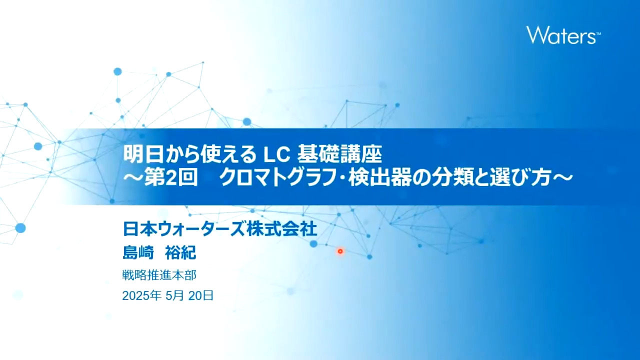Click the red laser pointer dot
(x=340, y=251)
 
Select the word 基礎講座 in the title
(x=340, y=155)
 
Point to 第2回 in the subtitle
(x=171, y=178)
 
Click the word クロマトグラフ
(x=279, y=178)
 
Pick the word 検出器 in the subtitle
(x=377, y=178)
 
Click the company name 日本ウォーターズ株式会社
(x=219, y=229)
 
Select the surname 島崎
(x=138, y=252)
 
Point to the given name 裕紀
(x=180, y=252)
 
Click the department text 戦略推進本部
(x=159, y=275)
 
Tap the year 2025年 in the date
(x=141, y=295)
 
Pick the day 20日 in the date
(x=201, y=295)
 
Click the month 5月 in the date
(x=174, y=295)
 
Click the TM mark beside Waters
(x=598, y=34)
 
